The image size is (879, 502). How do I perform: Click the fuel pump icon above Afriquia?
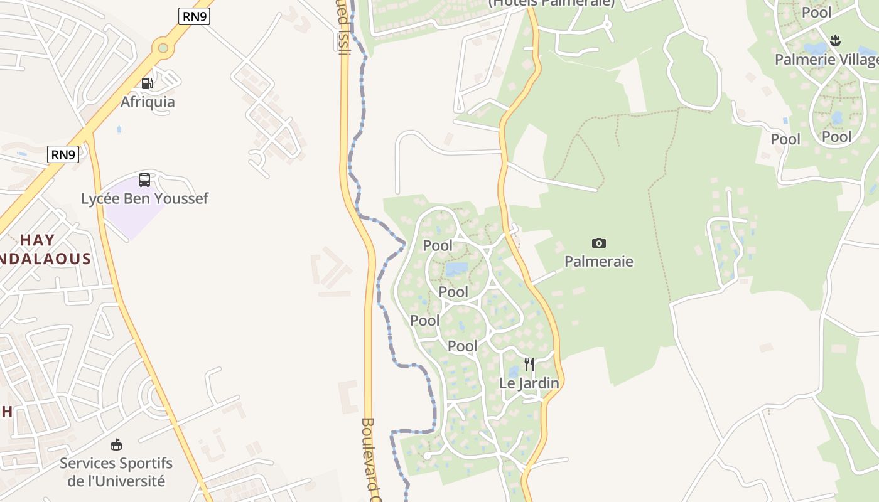[x=147, y=83]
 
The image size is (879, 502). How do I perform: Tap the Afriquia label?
[x=148, y=102]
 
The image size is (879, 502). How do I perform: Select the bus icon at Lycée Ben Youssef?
[x=144, y=180]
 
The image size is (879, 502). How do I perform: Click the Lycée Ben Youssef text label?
[x=144, y=199]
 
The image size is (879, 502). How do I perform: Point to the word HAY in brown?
[x=38, y=240]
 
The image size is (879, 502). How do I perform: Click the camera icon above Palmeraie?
[x=599, y=243]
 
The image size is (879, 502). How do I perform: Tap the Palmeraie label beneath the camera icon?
[x=599, y=262]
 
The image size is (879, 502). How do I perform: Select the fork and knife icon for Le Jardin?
[x=529, y=365]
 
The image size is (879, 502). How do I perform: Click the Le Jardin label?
[x=529, y=383]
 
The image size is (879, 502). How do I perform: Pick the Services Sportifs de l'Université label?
[x=116, y=472]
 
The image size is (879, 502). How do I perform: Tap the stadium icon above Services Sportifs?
[x=116, y=445]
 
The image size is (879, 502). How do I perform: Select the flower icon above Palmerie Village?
[x=835, y=41]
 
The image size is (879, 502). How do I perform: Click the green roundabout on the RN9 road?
[x=163, y=48]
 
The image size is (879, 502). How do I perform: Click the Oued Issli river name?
[x=343, y=28]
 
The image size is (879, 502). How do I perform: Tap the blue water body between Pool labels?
[x=456, y=269]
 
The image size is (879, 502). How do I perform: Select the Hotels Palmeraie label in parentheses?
[x=551, y=3]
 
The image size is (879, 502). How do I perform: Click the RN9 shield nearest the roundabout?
[x=194, y=17]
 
